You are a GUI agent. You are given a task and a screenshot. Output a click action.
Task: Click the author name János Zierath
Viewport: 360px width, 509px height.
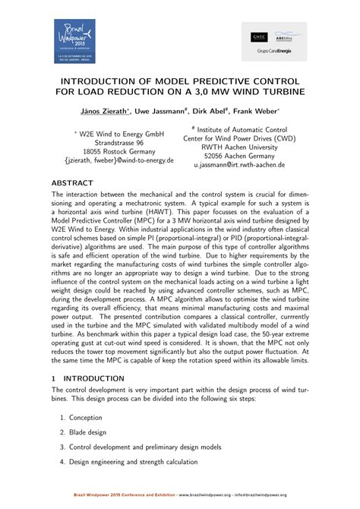(x=106, y=111)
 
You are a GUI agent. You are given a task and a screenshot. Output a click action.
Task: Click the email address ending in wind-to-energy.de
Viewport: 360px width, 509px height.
(x=119, y=161)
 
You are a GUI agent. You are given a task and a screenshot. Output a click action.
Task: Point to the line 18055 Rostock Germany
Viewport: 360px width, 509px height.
(x=119, y=151)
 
